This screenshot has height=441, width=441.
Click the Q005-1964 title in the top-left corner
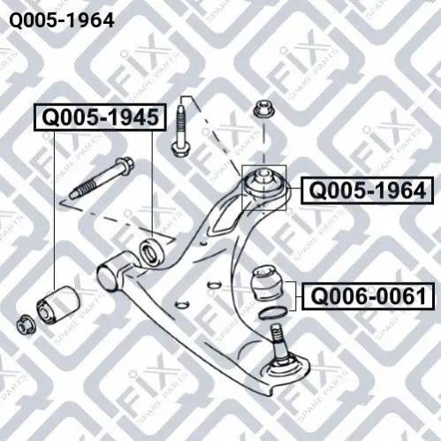click(62, 20)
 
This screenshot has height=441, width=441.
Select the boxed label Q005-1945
click(101, 118)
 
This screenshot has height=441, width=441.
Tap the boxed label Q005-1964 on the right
click(368, 190)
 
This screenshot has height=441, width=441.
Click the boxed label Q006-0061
click(369, 296)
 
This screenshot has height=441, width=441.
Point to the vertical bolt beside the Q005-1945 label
click(179, 131)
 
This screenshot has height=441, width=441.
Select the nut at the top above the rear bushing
click(264, 110)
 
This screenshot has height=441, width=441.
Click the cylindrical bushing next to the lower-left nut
click(58, 305)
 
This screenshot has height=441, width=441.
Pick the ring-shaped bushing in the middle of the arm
click(151, 251)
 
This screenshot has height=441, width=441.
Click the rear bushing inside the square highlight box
click(264, 186)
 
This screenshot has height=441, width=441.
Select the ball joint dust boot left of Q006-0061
click(266, 283)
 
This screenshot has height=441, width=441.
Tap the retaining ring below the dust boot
click(272, 312)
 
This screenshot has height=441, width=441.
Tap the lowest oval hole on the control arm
click(182, 305)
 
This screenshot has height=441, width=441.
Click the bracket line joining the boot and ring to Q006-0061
click(294, 296)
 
